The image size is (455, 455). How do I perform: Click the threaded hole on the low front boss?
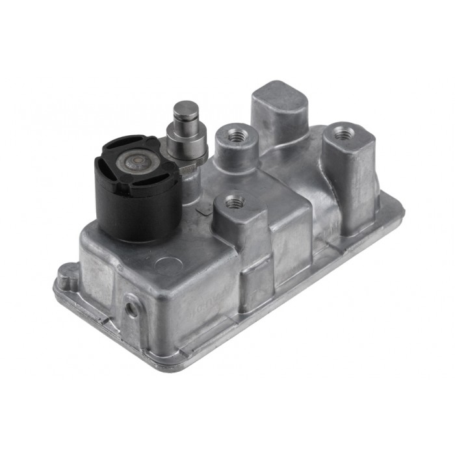click(234, 202)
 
